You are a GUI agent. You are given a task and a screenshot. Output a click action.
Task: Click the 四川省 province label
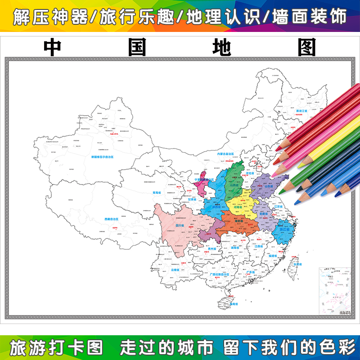click(x=180, y=226)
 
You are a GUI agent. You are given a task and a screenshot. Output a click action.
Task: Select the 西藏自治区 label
click(x=111, y=219)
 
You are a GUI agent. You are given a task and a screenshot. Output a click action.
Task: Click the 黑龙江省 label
click(x=301, y=111)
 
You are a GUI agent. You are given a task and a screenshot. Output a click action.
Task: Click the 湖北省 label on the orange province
click(x=238, y=222)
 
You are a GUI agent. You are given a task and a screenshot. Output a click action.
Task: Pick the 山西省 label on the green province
click(x=234, y=185)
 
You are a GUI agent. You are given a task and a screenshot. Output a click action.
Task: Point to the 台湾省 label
click(x=297, y=265)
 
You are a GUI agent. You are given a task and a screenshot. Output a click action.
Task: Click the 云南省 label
click(x=175, y=270)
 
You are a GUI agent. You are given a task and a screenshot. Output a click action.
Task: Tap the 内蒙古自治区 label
click(x=214, y=154)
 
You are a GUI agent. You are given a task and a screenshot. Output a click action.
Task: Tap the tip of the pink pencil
click(x=274, y=173)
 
